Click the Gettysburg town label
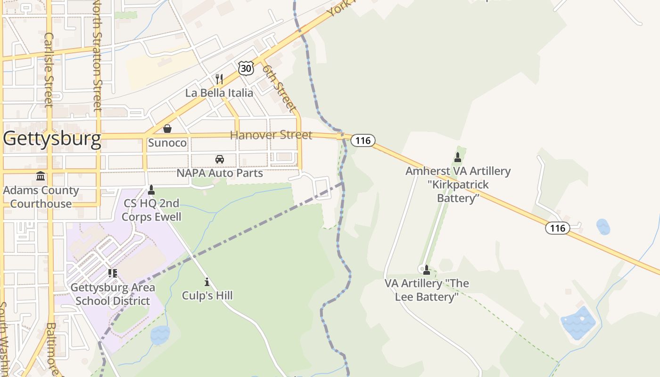pos(52,139)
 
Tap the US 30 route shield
pos(246,68)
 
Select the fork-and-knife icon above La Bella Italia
pos(219,79)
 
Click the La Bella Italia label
pos(219,92)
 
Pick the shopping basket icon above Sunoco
pos(167,129)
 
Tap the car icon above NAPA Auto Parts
pos(220,159)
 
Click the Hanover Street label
pos(271,135)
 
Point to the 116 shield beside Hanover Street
pos(363,140)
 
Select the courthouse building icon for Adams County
pos(41,176)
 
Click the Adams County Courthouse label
pos(41,197)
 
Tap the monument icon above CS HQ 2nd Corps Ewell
pos(151,190)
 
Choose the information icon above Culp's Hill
pos(207,282)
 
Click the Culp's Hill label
pos(207,295)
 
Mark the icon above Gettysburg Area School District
pos(113,273)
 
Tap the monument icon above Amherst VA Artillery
pos(458,157)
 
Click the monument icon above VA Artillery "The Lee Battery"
pos(427,270)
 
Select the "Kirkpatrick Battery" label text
pos(458,191)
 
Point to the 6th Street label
pos(280,88)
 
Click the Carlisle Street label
pos(49,69)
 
